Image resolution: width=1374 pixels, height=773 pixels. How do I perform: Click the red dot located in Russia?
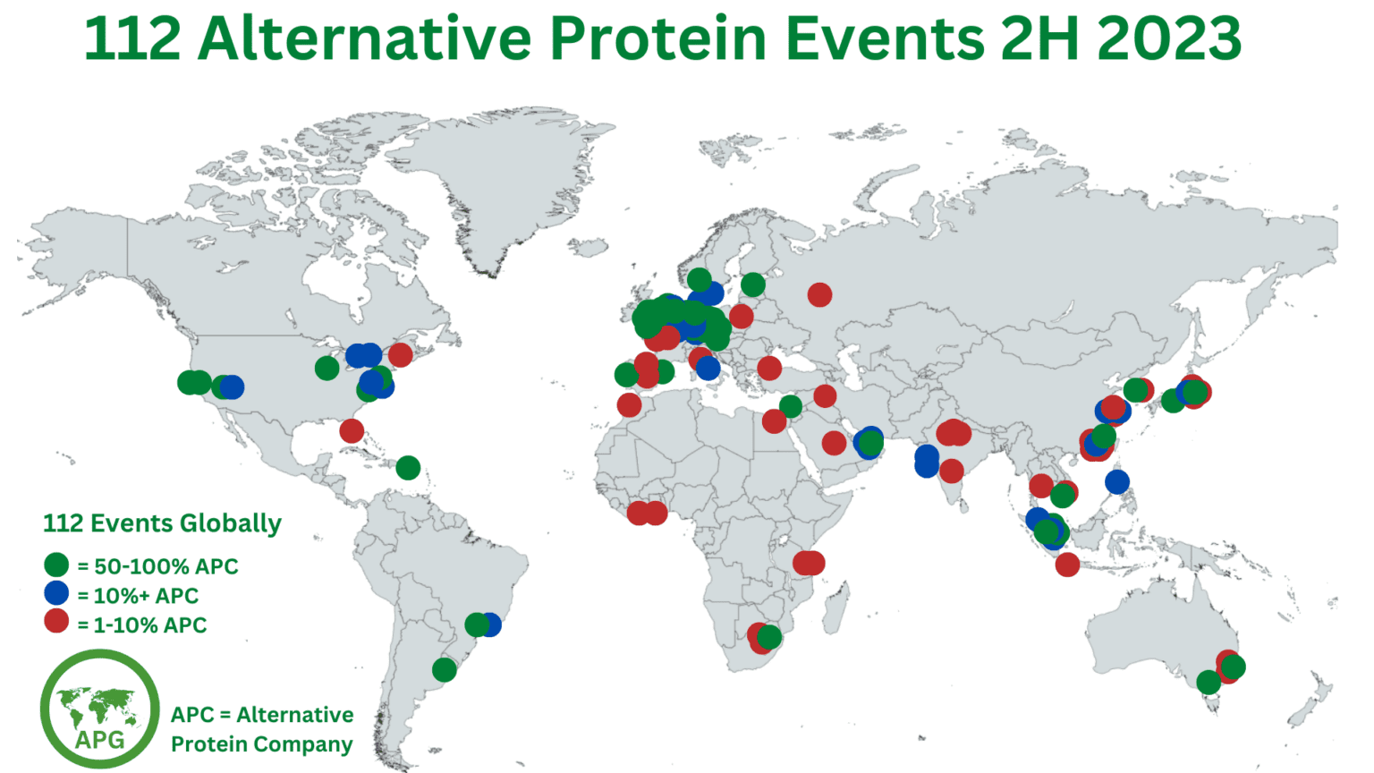click(819, 294)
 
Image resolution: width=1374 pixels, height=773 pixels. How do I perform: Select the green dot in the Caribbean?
click(408, 468)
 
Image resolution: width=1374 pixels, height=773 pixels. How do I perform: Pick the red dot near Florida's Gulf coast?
click(352, 431)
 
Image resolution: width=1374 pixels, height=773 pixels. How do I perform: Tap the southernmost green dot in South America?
click(445, 669)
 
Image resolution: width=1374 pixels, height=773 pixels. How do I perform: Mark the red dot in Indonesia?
click(1067, 565)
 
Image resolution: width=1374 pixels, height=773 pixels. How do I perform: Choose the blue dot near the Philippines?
click(1117, 482)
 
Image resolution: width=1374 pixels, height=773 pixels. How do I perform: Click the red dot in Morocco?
click(629, 405)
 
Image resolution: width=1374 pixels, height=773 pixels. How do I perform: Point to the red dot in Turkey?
click(769, 368)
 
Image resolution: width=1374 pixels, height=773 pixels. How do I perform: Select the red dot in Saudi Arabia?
click(834, 442)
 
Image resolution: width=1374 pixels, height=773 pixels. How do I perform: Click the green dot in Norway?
click(700, 279)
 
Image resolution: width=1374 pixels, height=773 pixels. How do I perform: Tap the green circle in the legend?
click(56, 565)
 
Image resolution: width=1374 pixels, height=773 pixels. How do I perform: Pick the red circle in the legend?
click(56, 622)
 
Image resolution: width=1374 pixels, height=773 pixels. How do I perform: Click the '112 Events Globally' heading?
click(162, 523)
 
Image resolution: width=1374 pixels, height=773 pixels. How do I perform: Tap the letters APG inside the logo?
click(99, 739)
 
